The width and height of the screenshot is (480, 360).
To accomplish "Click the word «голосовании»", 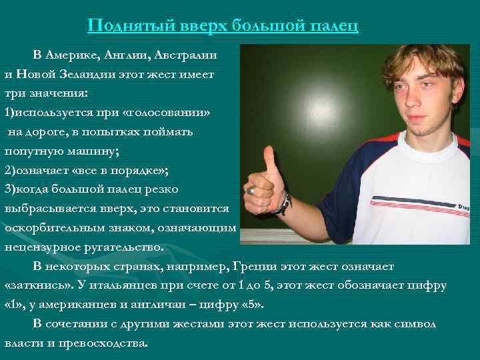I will point(166,112).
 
